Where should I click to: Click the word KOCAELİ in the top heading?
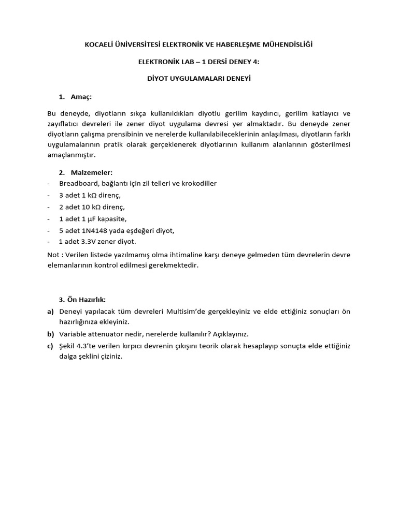pos(102,45)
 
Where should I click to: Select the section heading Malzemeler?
pos(92,172)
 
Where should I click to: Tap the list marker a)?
pos(50,311)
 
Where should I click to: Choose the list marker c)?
pos(50,345)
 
